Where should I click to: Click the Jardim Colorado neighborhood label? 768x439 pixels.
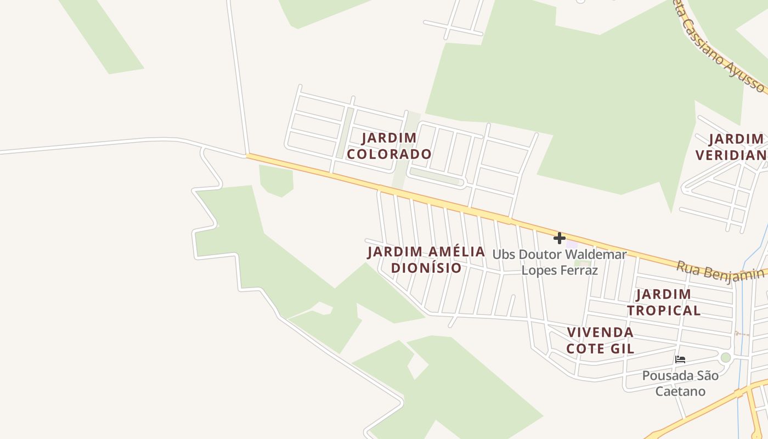coord(389,145)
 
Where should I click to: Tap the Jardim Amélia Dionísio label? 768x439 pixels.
coord(426,260)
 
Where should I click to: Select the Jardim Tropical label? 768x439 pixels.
coord(664,302)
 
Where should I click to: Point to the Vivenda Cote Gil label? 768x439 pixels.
coord(600,340)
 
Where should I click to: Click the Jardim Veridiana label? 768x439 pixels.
coord(732,147)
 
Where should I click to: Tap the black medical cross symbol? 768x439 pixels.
coord(559,238)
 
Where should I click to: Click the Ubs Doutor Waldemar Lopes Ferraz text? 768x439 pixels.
coord(559,262)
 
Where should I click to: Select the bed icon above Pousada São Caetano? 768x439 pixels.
coord(680,359)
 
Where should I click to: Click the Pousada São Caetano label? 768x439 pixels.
coord(680,383)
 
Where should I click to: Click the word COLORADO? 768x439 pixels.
coord(389,154)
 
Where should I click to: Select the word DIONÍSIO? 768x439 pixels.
coord(426,268)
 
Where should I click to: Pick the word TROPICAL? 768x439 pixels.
coord(664,311)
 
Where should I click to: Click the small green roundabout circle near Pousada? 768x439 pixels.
coord(726,358)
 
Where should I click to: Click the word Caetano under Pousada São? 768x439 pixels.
coord(680,391)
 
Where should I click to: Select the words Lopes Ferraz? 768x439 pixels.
coord(559,271)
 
